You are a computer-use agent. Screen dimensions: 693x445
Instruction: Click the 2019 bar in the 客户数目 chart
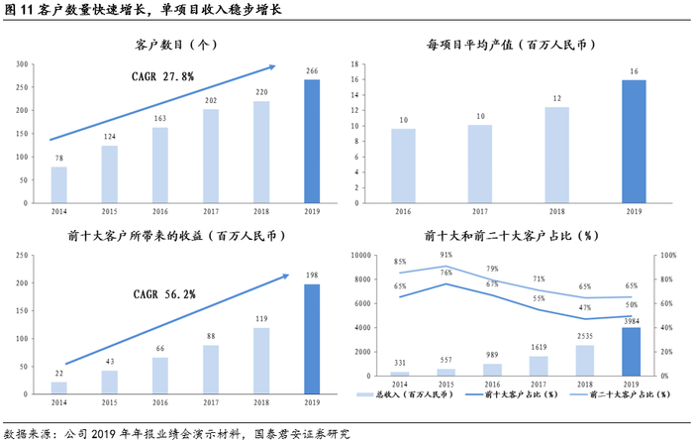[312, 142]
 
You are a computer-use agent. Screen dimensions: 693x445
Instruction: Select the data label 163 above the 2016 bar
[160, 119]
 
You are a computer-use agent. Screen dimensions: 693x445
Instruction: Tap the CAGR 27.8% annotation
[162, 77]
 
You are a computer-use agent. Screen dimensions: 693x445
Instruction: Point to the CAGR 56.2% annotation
[164, 294]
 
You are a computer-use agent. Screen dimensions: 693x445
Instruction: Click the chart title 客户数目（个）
[176, 45]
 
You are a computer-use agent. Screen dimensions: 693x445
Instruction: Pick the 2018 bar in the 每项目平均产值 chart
[556, 156]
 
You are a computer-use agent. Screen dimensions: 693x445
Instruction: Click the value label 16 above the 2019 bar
[634, 71]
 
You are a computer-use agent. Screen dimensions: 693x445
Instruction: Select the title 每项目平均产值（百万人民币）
[512, 45]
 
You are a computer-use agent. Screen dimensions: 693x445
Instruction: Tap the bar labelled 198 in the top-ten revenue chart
[312, 339]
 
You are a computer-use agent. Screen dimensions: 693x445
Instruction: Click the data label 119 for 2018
[261, 319]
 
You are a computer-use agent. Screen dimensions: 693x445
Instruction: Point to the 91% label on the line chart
[445, 255]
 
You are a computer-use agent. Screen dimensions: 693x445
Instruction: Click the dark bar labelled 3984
[632, 352]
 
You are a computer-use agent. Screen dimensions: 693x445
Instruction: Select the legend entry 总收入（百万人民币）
[405, 394]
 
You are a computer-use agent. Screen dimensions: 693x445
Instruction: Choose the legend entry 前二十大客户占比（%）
[620, 394]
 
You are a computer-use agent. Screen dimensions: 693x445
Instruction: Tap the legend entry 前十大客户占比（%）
[512, 394]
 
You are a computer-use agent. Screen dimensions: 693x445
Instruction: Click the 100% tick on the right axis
[668, 256]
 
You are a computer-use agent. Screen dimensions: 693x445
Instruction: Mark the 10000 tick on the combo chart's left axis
[360, 256]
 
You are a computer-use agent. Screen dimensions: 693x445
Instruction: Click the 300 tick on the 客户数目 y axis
[22, 64]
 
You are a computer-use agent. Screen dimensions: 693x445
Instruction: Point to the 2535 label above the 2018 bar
[585, 336]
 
